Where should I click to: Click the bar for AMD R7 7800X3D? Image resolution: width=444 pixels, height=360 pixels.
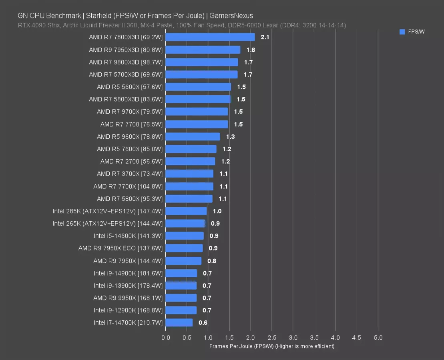pos(210,37)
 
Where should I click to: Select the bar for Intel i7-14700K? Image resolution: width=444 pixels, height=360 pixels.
pos(179,323)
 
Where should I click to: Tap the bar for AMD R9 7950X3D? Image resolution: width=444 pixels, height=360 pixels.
pos(203,50)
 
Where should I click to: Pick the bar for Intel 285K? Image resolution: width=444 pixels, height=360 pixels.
pos(186,211)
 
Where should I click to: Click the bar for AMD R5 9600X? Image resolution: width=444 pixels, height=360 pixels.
pos(193,137)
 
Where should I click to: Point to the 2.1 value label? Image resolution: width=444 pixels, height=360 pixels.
pos(265,37)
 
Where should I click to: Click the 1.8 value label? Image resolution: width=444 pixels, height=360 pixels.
pos(251,50)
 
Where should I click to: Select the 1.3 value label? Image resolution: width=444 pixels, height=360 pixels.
pos(230,137)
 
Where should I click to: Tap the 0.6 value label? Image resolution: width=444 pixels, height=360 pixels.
pos(203,323)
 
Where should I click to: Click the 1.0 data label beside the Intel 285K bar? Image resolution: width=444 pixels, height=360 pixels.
pos(217,211)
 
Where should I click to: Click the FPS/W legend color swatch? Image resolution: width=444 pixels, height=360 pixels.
pos(402,32)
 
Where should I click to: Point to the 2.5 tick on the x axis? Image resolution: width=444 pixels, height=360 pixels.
pos(272,338)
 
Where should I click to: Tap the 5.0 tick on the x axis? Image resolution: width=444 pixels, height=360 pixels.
pos(378,338)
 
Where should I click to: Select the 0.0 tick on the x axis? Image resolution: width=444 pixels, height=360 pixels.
pos(166,338)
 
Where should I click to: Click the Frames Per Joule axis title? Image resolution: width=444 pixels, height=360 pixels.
pos(271,346)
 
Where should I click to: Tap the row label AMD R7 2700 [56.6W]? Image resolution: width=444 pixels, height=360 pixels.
pos(131,162)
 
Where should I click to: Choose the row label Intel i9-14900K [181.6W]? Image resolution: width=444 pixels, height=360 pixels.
pos(128,273)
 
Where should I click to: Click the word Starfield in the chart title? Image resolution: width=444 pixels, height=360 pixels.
pos(99,16)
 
